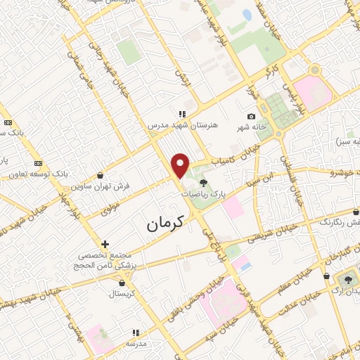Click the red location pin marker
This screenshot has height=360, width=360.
click(181, 165)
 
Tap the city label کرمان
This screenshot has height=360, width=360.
click(165, 224)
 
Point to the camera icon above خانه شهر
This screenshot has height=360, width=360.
click(251, 117)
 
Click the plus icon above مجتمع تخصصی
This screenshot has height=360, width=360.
click(105, 244)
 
